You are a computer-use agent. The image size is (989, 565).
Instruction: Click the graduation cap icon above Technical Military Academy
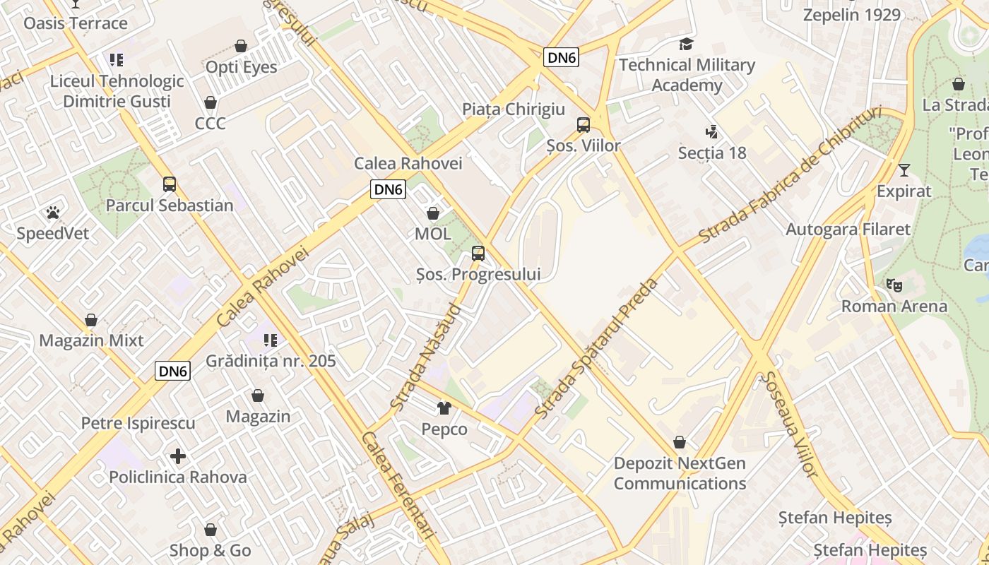pos(686,44)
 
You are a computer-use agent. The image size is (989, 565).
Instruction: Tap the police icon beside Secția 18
pos(711,131)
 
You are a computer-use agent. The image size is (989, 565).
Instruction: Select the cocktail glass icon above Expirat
pos(904,170)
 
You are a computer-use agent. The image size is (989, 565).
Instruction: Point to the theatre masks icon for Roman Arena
pos(894,285)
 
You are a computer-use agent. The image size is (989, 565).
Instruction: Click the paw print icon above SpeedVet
pos(52,212)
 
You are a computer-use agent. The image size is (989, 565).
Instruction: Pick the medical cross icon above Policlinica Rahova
pos(178,456)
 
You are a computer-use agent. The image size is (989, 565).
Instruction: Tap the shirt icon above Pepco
pos(444,408)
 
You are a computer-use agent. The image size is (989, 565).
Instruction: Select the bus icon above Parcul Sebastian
pos(170,184)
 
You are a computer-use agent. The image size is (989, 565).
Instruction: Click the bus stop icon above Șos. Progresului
pos(478,254)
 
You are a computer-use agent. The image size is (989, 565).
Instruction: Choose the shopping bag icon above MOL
pos(433,213)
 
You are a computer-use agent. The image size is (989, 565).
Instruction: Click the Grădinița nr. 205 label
pos(271,361)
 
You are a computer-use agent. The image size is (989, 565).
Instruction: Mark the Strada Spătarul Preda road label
pos(597,347)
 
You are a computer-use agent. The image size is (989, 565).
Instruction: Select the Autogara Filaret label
pos(848,230)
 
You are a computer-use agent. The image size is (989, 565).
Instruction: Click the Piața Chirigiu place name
pos(514,109)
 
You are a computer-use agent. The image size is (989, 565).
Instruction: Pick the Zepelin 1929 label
pos(851,15)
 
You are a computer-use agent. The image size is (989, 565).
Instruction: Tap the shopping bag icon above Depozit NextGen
pos(680,443)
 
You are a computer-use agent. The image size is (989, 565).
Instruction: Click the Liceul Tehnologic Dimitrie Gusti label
pos(117,91)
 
